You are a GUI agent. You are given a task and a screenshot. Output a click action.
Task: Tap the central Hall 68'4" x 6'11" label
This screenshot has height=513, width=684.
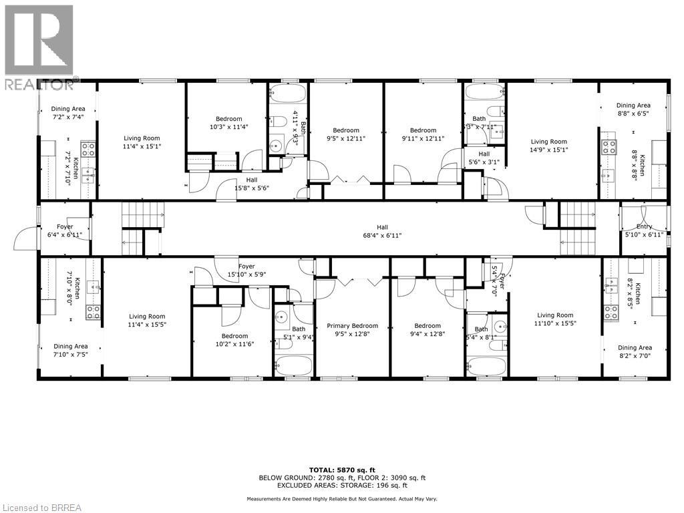[x=382, y=231]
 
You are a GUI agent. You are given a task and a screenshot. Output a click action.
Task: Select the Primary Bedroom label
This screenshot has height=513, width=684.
[x=352, y=331]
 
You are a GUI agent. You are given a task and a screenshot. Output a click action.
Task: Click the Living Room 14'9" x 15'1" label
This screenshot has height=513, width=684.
[x=548, y=146]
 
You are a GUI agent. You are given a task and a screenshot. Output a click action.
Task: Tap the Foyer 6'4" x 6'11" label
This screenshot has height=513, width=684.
[x=65, y=231]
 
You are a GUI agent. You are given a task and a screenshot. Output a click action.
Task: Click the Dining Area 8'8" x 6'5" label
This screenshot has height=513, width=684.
[x=633, y=110]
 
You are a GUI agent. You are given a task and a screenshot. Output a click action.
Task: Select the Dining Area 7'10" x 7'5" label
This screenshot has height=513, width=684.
[x=71, y=351]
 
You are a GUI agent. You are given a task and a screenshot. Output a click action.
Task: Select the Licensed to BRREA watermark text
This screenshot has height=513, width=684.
[x=41, y=508]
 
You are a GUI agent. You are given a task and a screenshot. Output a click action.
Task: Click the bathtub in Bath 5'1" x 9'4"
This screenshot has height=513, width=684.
[x=293, y=365]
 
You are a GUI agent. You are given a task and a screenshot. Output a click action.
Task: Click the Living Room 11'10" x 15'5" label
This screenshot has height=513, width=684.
[x=555, y=320]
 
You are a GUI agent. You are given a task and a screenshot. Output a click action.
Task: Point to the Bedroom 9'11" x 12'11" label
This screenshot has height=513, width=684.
[x=423, y=134]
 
